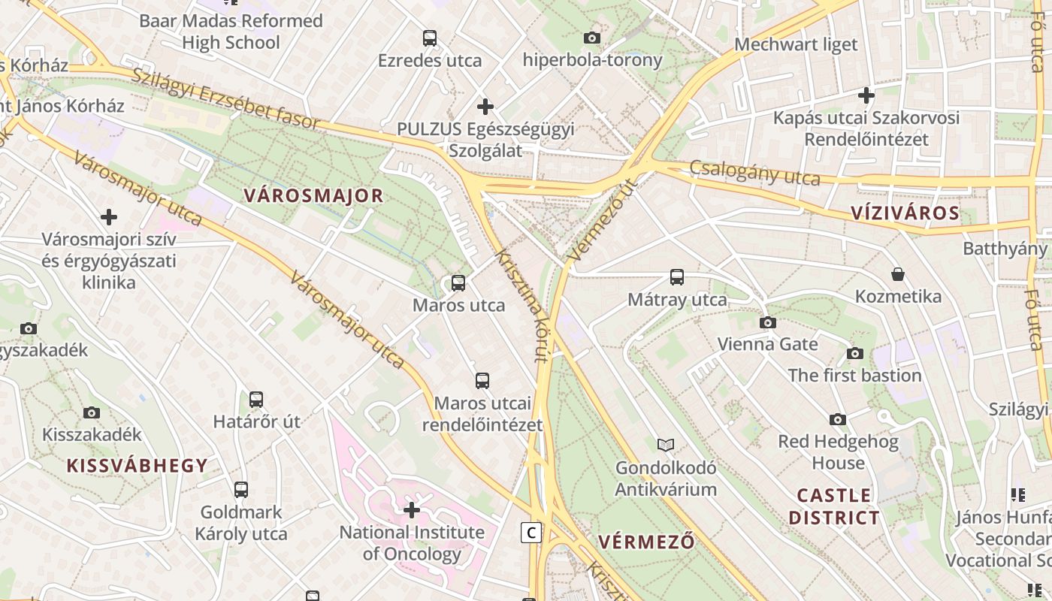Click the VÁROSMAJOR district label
click(313, 197)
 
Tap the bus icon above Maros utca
click(458, 283)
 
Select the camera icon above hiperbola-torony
click(592, 38)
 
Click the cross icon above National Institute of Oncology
click(412, 510)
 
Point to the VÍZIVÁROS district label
click(905, 213)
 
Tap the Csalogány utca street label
click(754, 174)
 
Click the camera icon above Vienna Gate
click(767, 322)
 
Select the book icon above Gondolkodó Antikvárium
click(666, 445)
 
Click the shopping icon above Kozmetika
click(897, 274)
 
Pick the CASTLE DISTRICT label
click(834, 506)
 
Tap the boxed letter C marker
click(531, 533)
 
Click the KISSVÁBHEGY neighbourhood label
click(137, 466)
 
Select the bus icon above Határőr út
click(256, 399)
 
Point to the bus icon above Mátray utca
click(677, 277)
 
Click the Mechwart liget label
click(796, 44)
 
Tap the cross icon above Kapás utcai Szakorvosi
click(866, 95)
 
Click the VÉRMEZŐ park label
click(646, 542)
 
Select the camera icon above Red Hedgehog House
click(838, 419)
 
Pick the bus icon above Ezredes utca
click(430, 38)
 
